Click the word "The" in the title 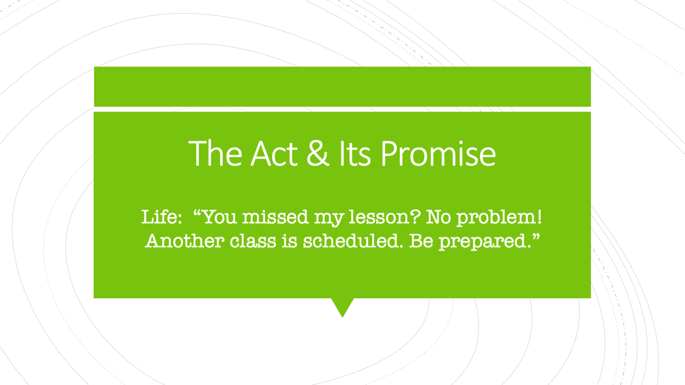[x=215, y=153]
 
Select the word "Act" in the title [x=274, y=153]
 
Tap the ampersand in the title [x=318, y=153]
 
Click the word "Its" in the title [x=355, y=153]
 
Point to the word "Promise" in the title [x=438, y=153]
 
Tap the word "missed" [x=275, y=217]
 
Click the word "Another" [x=184, y=241]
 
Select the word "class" [x=253, y=241]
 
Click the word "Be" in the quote [x=422, y=241]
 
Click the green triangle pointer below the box [x=342, y=306]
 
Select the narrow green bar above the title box [x=342, y=87]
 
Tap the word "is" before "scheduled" [x=289, y=241]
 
